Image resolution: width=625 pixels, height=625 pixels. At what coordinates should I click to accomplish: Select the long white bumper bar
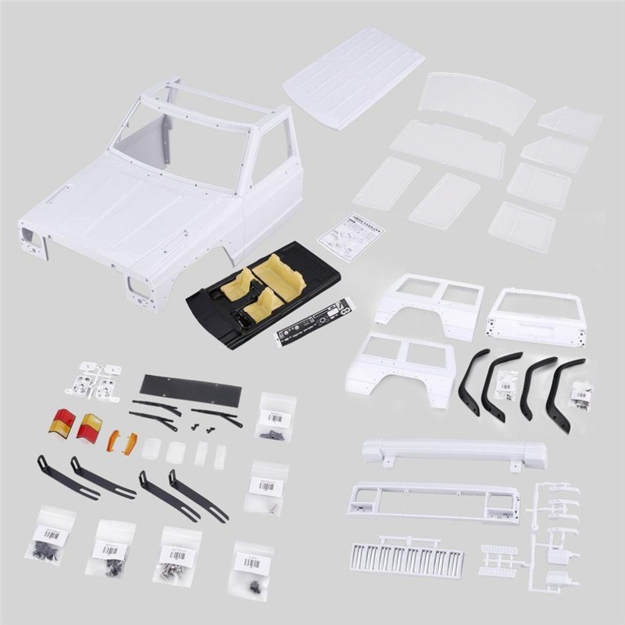tap(453, 451)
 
